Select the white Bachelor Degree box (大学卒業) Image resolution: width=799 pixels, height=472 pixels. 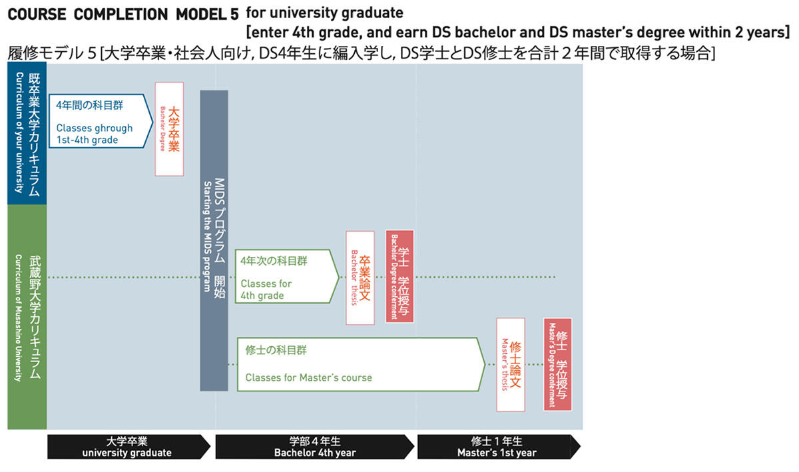[x=169, y=129]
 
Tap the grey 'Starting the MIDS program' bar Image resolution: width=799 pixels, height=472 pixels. [x=214, y=240]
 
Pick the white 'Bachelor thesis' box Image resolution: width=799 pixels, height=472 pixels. [x=360, y=278]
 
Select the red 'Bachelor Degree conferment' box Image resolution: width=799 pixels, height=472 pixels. [x=400, y=276]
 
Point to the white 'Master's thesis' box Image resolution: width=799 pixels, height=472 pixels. [x=510, y=364]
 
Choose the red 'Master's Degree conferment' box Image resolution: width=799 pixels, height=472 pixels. [x=558, y=364]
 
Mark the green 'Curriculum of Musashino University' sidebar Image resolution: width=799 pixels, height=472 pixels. [x=27, y=316]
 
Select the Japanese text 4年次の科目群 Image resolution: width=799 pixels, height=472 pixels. [x=274, y=261]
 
